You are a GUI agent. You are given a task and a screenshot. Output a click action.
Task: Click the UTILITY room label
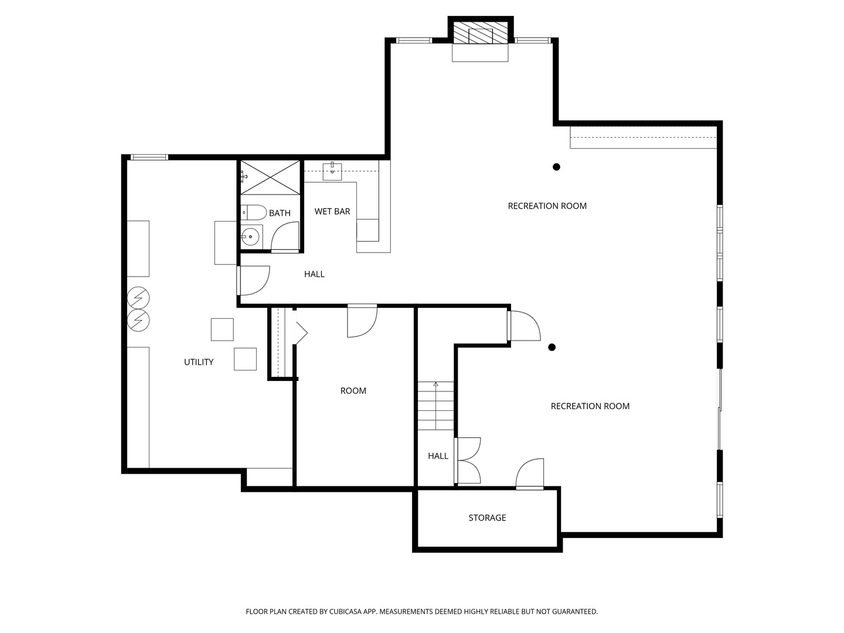(x=199, y=362)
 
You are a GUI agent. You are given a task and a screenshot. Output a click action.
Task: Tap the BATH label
(x=280, y=213)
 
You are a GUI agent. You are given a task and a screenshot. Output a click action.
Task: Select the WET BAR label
(x=332, y=212)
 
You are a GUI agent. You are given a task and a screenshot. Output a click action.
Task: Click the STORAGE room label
(x=487, y=518)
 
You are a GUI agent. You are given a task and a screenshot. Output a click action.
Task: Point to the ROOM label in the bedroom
(x=353, y=391)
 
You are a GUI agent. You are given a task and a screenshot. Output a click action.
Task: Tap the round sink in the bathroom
(x=251, y=237)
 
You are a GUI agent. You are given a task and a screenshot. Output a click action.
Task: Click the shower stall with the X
(x=271, y=177)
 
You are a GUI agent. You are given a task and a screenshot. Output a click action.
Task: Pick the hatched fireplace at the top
(x=481, y=35)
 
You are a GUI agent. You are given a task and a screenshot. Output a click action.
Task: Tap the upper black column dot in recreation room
(x=556, y=167)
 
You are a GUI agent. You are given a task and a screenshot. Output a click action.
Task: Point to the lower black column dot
(x=552, y=348)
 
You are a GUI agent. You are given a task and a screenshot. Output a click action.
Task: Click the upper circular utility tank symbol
(x=139, y=298)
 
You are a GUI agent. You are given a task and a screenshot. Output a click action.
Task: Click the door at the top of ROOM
(x=362, y=321)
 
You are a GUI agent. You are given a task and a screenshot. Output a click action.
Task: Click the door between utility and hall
(x=253, y=281)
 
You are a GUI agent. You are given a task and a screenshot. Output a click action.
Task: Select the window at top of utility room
(x=149, y=157)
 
